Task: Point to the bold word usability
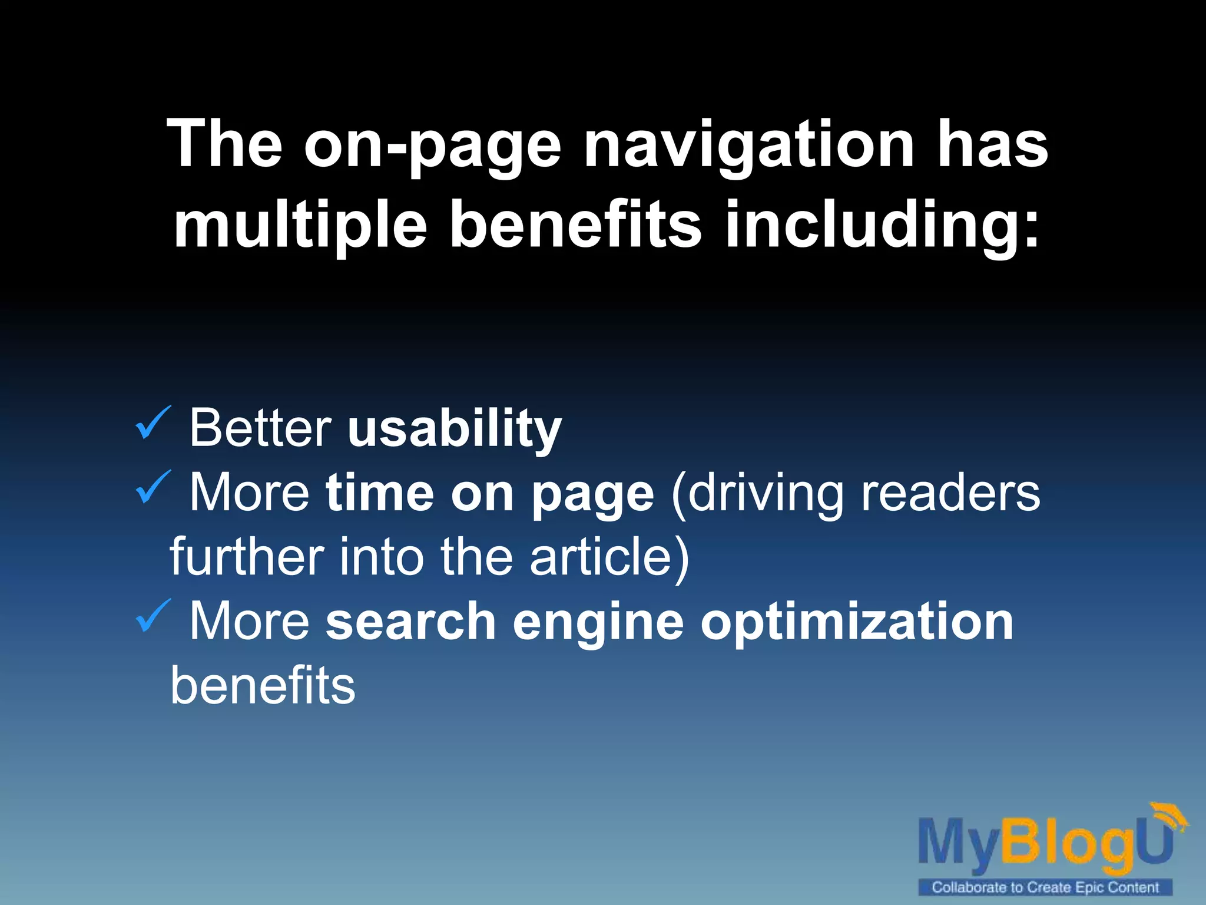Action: point(455,429)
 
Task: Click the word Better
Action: point(260,428)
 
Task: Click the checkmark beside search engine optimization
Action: point(153,616)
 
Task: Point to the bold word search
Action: point(411,622)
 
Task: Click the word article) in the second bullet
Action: point(609,557)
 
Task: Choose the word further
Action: point(247,557)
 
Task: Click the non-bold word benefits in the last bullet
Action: point(263,686)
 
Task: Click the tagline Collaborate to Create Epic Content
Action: point(1045,887)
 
